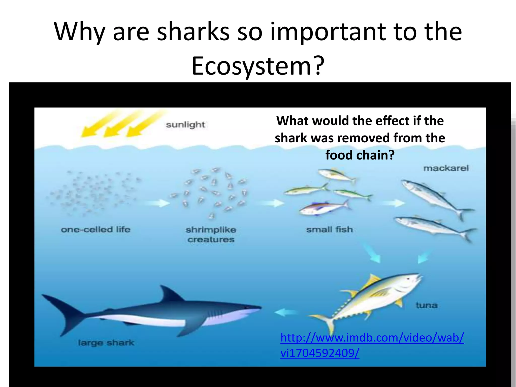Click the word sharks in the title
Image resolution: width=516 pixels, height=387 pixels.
tap(193, 32)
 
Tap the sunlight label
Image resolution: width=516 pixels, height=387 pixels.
tap(185, 125)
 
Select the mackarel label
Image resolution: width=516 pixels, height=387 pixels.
tap(446, 168)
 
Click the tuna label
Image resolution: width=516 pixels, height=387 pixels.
tap(426, 305)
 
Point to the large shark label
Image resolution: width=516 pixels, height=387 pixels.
tap(106, 343)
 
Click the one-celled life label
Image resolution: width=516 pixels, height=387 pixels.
tap(95, 230)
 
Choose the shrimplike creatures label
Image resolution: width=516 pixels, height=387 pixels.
tap(211, 235)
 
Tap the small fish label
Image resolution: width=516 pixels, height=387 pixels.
tap(329, 230)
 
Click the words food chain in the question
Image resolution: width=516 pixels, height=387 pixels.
tap(360, 155)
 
